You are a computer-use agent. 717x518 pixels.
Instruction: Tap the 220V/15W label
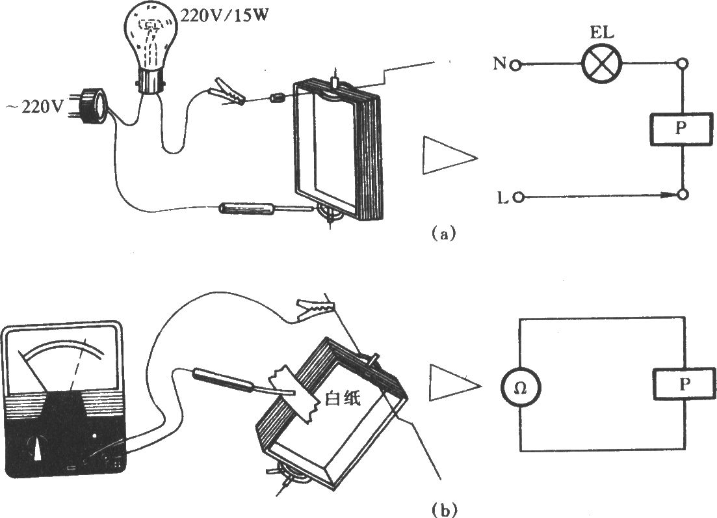coord(224,16)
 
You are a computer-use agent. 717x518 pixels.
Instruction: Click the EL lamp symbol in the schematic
coord(602,64)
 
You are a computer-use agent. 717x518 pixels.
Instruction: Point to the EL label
coord(602,33)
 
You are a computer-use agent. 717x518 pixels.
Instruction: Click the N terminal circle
coord(515,65)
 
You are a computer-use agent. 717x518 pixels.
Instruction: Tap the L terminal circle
coord(518,198)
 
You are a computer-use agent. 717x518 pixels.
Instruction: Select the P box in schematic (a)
coord(681,129)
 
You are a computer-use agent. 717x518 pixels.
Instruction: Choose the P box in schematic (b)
coord(684,385)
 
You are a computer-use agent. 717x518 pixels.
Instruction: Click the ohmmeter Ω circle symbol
coord(521,388)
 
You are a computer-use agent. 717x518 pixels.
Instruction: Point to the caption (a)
coord(443,234)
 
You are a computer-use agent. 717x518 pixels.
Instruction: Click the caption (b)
coord(443,509)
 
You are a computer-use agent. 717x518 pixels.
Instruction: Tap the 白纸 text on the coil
coord(342,399)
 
